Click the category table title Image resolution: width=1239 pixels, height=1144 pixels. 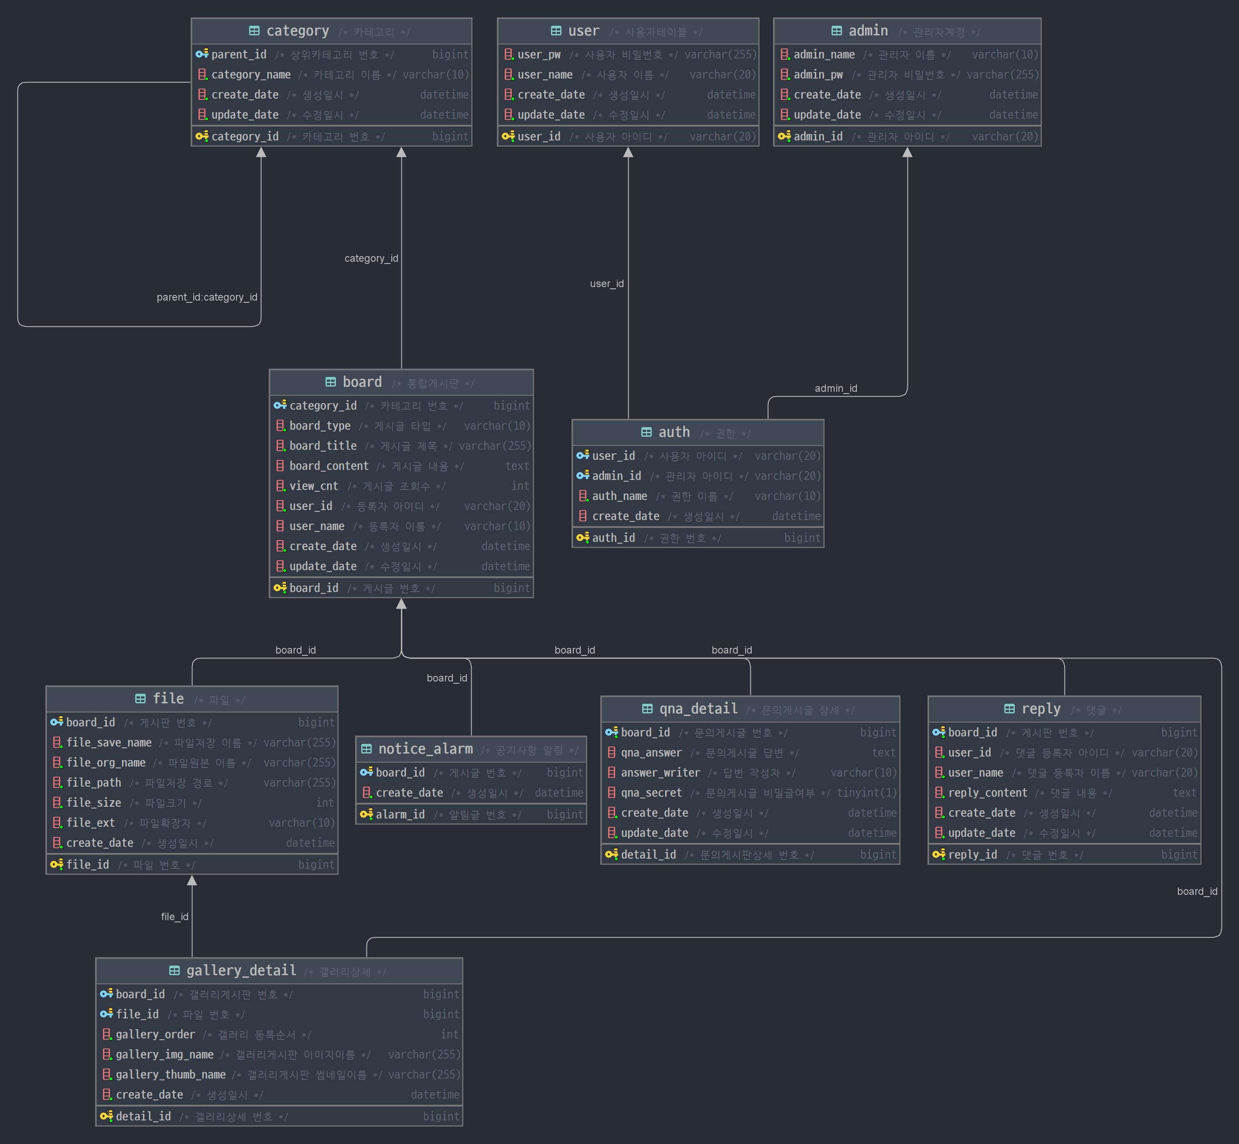pos(298,31)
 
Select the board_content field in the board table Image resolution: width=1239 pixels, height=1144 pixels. pos(329,466)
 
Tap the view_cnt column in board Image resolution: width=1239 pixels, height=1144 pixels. pos(314,486)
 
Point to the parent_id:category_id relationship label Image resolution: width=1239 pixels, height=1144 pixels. pos(207,297)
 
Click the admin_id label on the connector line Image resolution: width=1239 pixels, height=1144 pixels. pos(835,388)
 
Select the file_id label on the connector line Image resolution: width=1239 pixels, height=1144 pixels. pos(175,917)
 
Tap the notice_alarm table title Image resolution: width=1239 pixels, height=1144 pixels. pos(425,749)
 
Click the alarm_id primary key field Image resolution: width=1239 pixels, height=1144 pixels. pos(400,815)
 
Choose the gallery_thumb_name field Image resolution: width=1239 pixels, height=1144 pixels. pos(171,1075)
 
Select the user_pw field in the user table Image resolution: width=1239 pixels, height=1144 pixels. pos(539,55)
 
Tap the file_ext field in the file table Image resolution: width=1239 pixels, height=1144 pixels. pos(90,823)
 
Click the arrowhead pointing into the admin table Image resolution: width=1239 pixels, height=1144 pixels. pos(907,152)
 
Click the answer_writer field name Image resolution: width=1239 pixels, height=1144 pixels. pos(661,773)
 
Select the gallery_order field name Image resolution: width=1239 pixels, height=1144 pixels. pos(155,1034)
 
